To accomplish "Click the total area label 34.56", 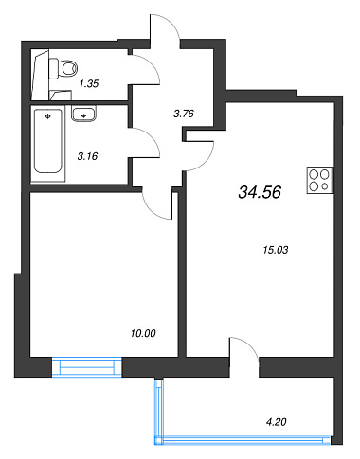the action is click(260, 192).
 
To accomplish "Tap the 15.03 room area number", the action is click(276, 250).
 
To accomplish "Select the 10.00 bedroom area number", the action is click(143, 333).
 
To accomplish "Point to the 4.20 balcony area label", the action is click(277, 422).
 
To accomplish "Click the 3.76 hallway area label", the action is click(184, 114).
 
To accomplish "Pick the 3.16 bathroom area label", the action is click(87, 156).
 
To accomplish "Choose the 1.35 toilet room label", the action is click(89, 83).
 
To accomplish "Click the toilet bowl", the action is click(63, 68).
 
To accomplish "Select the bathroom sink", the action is click(83, 114).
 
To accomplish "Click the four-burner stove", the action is click(320, 180).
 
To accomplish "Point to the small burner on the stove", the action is click(325, 186).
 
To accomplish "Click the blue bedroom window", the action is click(87, 367).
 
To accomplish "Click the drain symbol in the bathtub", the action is click(48, 116).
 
